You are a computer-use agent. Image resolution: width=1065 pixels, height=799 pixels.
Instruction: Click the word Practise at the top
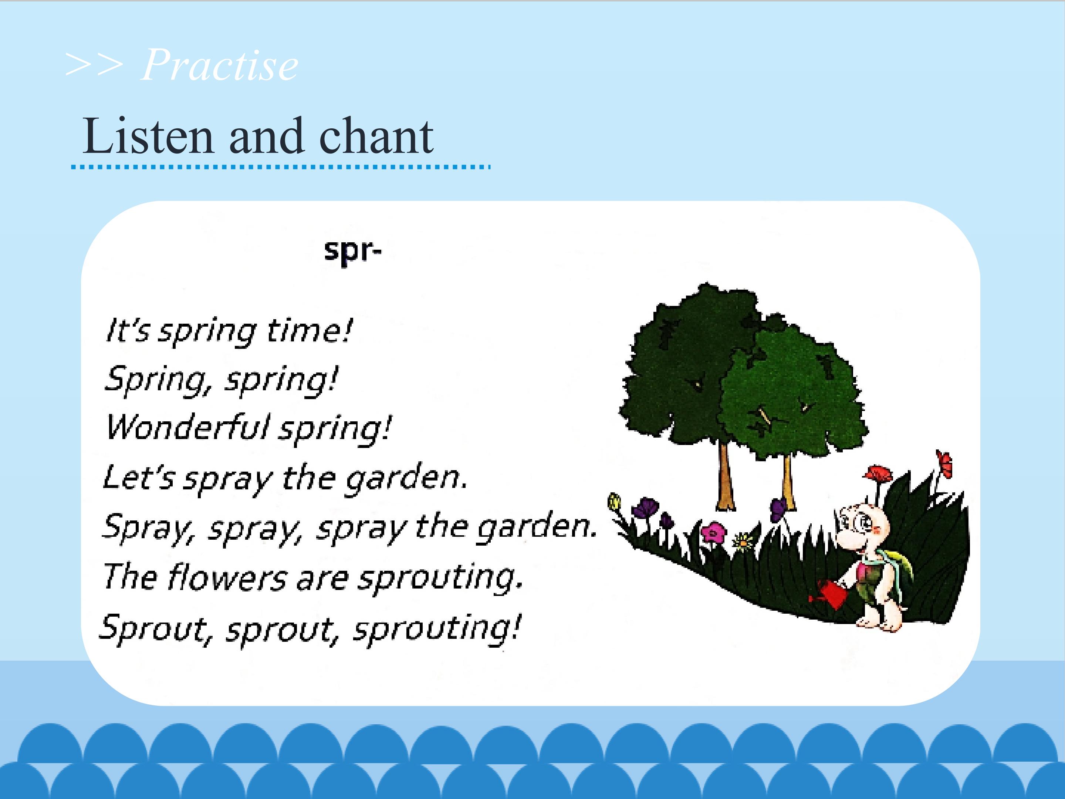(220, 65)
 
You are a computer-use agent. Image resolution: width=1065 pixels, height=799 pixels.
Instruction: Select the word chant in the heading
(376, 136)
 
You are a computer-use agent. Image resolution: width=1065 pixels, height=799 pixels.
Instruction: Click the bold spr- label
(352, 252)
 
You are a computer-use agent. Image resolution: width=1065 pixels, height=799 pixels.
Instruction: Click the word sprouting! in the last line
(437, 629)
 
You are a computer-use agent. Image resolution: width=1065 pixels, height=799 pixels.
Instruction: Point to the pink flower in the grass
(713, 533)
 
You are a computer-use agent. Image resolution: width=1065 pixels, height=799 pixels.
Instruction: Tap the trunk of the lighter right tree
(788, 482)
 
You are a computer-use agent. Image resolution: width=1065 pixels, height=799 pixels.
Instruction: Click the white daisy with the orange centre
(743, 543)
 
